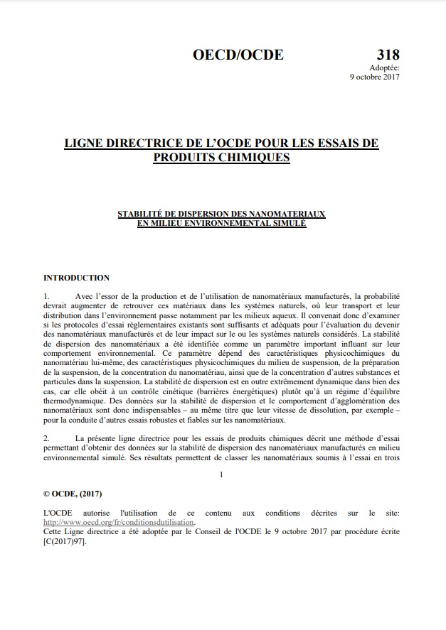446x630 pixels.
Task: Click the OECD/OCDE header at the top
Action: pos(238,55)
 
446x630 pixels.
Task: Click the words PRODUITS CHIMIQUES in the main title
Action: pos(222,157)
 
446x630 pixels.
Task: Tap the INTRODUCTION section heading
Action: pos(77,278)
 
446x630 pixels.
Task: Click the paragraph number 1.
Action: pos(46,295)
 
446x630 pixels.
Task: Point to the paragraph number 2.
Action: pos(46,439)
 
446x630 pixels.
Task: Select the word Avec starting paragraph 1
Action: pos(85,295)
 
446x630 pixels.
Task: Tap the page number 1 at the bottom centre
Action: pos(222,474)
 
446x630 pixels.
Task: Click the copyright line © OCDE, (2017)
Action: pos(73,494)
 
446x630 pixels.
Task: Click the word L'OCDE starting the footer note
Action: pos(58,512)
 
